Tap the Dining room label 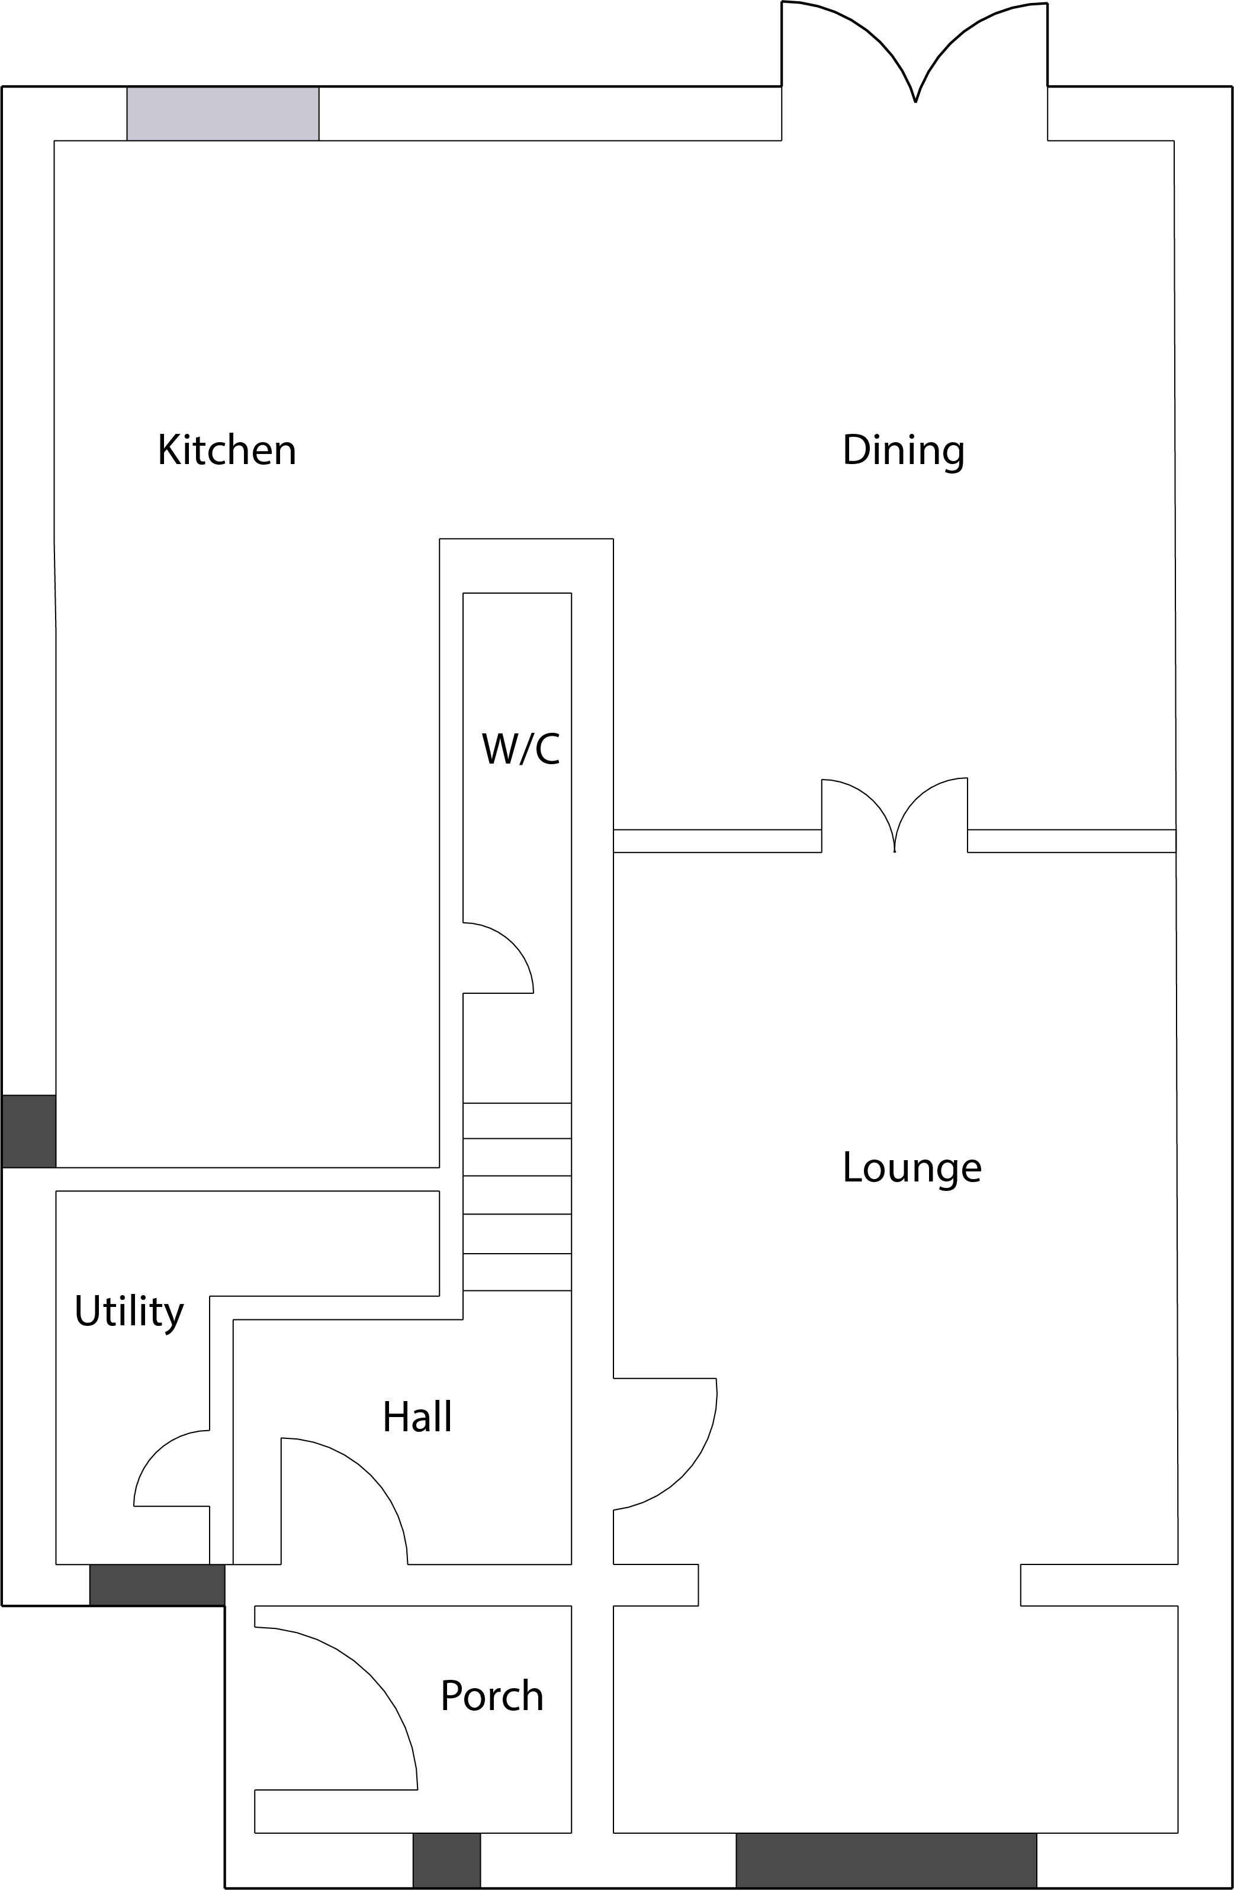[904, 451]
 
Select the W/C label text [520, 749]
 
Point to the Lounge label [912, 1168]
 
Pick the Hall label [417, 1414]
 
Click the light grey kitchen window [223, 114]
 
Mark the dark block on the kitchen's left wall [28, 1131]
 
